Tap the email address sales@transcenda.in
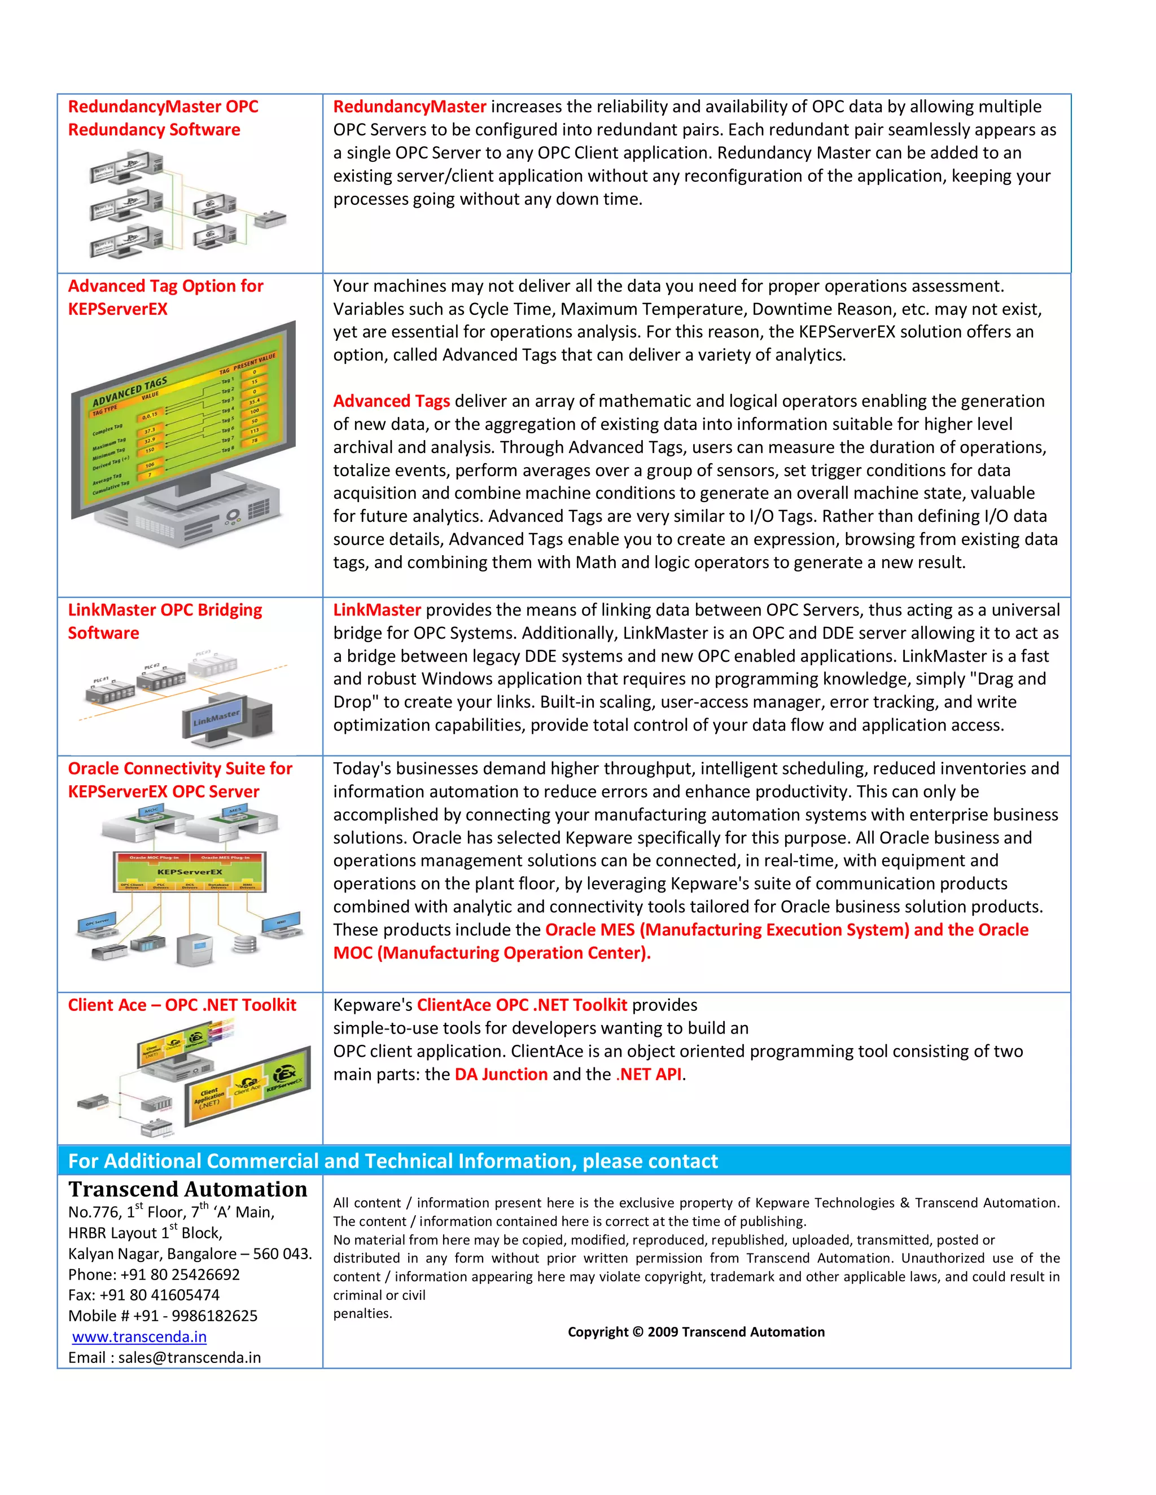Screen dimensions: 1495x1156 click(189, 1357)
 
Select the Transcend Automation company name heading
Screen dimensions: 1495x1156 click(187, 1189)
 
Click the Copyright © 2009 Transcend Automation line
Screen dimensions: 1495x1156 click(696, 1331)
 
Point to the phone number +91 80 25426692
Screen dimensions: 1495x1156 click(179, 1274)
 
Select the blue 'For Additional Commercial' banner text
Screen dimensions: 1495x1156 click(392, 1161)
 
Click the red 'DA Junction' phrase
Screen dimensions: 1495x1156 click(501, 1074)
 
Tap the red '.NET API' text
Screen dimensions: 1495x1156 click(649, 1074)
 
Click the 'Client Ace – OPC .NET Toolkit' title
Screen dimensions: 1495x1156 click(182, 1005)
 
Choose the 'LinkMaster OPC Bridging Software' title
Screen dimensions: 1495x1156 click(164, 621)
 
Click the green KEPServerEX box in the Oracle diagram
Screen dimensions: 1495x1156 click(190, 872)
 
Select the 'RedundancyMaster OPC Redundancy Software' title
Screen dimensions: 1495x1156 click(163, 118)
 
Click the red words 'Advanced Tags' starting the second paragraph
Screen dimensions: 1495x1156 click(392, 401)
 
